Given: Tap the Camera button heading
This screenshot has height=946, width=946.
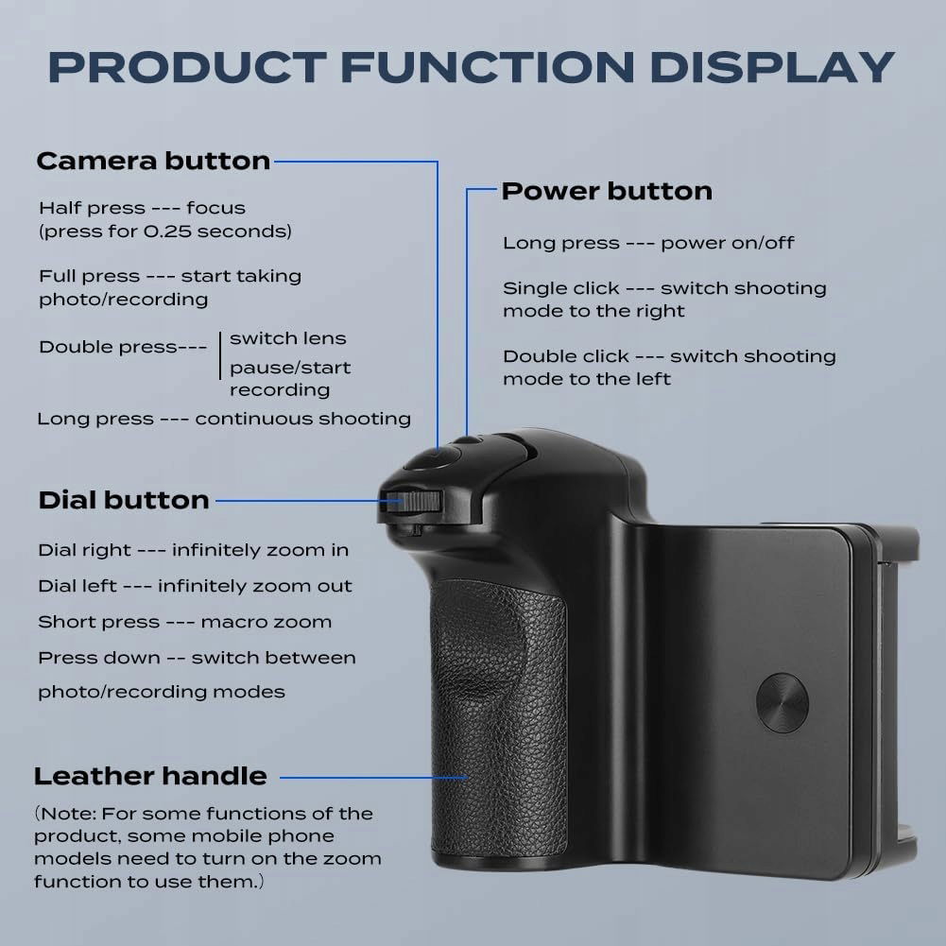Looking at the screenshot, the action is click(153, 161).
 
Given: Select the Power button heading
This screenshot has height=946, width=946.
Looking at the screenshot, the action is click(607, 191).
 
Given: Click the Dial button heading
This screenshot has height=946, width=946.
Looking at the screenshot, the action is click(124, 500).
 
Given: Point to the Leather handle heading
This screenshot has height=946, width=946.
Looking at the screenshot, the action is click(150, 777).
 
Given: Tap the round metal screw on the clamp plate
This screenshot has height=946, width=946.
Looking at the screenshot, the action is click(782, 703).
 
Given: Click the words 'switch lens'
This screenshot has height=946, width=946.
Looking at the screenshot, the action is click(288, 338).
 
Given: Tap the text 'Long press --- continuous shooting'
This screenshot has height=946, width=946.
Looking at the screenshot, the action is click(224, 419).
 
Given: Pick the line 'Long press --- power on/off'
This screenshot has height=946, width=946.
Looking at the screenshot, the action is click(648, 243).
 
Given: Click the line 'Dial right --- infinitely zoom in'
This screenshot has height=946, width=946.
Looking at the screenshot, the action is click(193, 550).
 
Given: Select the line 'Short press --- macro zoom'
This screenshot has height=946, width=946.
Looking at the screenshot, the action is click(184, 622).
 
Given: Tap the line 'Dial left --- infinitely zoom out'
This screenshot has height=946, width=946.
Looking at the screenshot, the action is click(195, 586).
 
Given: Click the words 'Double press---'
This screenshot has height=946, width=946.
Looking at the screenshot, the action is click(123, 347).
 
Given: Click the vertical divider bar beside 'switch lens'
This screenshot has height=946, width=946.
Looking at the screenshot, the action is click(220, 355).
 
